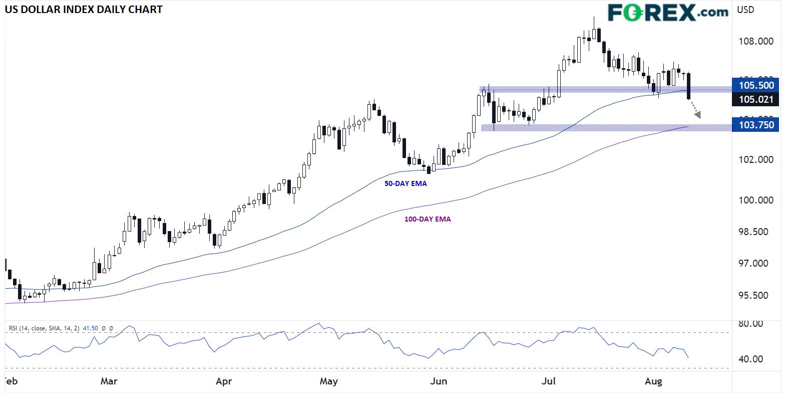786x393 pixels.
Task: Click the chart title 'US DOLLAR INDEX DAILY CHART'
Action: coord(84,10)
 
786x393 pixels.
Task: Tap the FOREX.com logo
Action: coord(668,13)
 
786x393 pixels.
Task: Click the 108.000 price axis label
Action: coord(756,41)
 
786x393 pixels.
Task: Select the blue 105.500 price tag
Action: coord(756,85)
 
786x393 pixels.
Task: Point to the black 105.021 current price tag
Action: coord(756,99)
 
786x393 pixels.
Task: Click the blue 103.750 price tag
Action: coord(756,125)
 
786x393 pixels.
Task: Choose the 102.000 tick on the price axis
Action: coord(756,159)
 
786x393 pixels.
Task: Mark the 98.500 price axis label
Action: coord(753,232)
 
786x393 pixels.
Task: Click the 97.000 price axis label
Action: coord(753,263)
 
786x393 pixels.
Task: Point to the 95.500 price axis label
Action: coord(753,295)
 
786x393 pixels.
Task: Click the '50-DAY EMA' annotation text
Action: coord(406,183)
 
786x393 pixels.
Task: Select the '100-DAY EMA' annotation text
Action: coord(428,219)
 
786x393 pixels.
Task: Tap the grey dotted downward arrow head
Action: coord(697,115)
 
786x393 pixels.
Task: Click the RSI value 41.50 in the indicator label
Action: coord(90,328)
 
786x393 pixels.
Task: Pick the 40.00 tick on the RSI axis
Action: coord(751,359)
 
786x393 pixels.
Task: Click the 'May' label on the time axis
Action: coord(328,381)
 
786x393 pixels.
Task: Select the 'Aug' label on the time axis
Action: coord(653,381)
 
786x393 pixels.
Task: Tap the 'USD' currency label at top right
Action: coord(745,10)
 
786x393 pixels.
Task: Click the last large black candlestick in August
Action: coord(689,86)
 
